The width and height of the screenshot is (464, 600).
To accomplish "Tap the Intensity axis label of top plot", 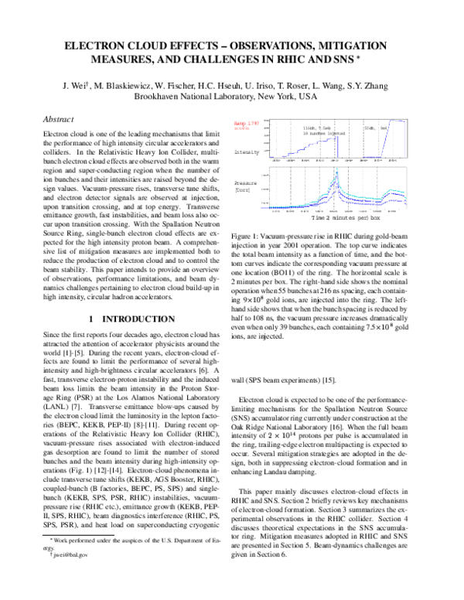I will (245, 152).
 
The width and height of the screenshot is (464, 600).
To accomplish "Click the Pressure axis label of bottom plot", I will (244, 185).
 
